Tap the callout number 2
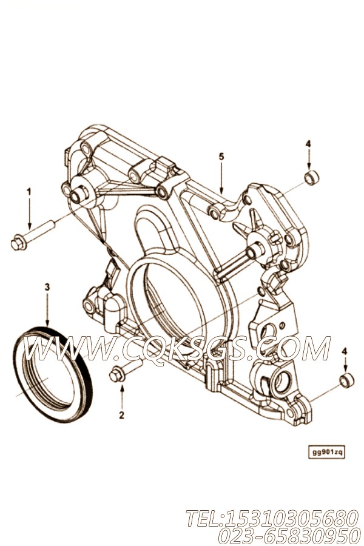click(x=121, y=415)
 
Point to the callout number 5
click(x=221, y=157)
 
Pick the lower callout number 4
click(x=345, y=351)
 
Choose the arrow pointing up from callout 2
click(x=121, y=397)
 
